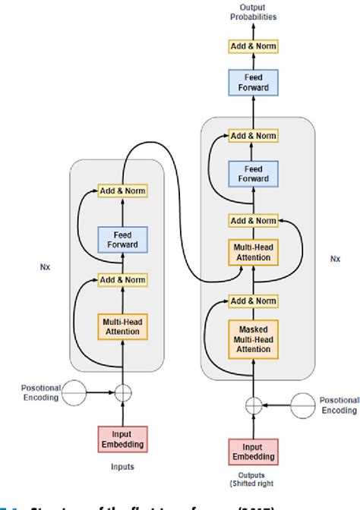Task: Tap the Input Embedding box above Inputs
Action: tap(122, 438)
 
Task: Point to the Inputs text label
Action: tap(122, 468)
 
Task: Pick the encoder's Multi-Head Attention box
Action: tap(122, 327)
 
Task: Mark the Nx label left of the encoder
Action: tap(46, 267)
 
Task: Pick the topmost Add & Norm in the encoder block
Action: tap(122, 190)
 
